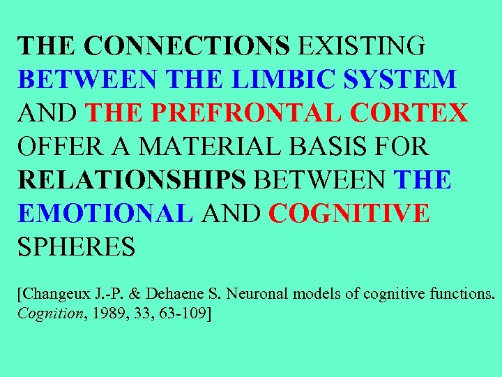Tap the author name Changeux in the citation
[54, 294]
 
